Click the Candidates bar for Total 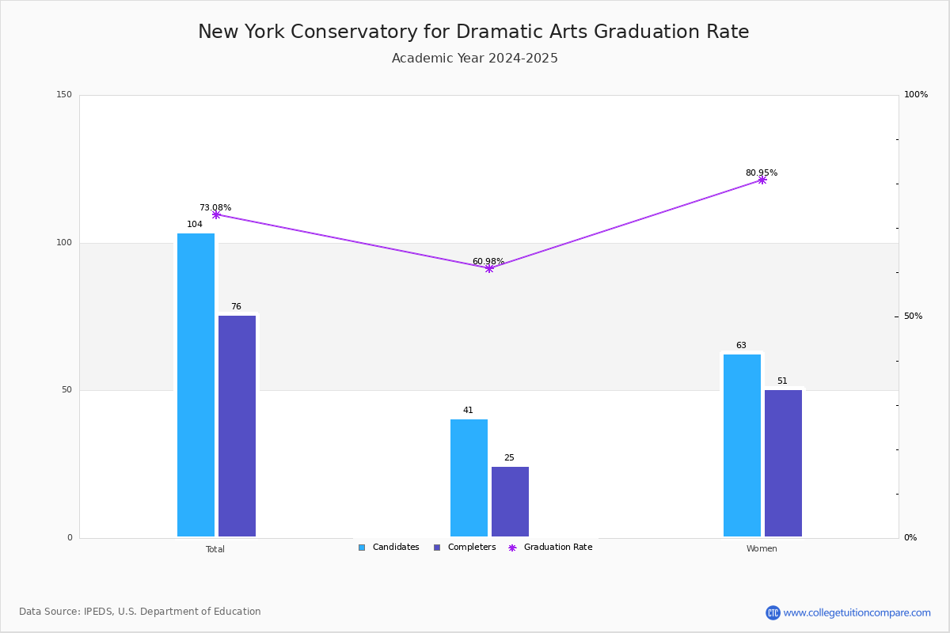point(196,385)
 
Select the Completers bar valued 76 point(237,426)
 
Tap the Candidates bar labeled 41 point(469,478)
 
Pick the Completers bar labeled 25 point(510,502)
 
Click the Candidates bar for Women point(742,445)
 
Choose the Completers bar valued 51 point(783,463)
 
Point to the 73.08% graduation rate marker point(216,214)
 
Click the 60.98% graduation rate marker point(489,268)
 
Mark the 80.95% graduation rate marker point(762,180)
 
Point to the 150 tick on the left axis point(64,95)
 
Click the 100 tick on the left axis point(64,243)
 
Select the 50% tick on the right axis point(914,316)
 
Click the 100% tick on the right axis point(916,95)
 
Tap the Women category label point(762,549)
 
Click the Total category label point(215,549)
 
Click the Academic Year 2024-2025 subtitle point(475,59)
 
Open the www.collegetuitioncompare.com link point(857,612)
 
